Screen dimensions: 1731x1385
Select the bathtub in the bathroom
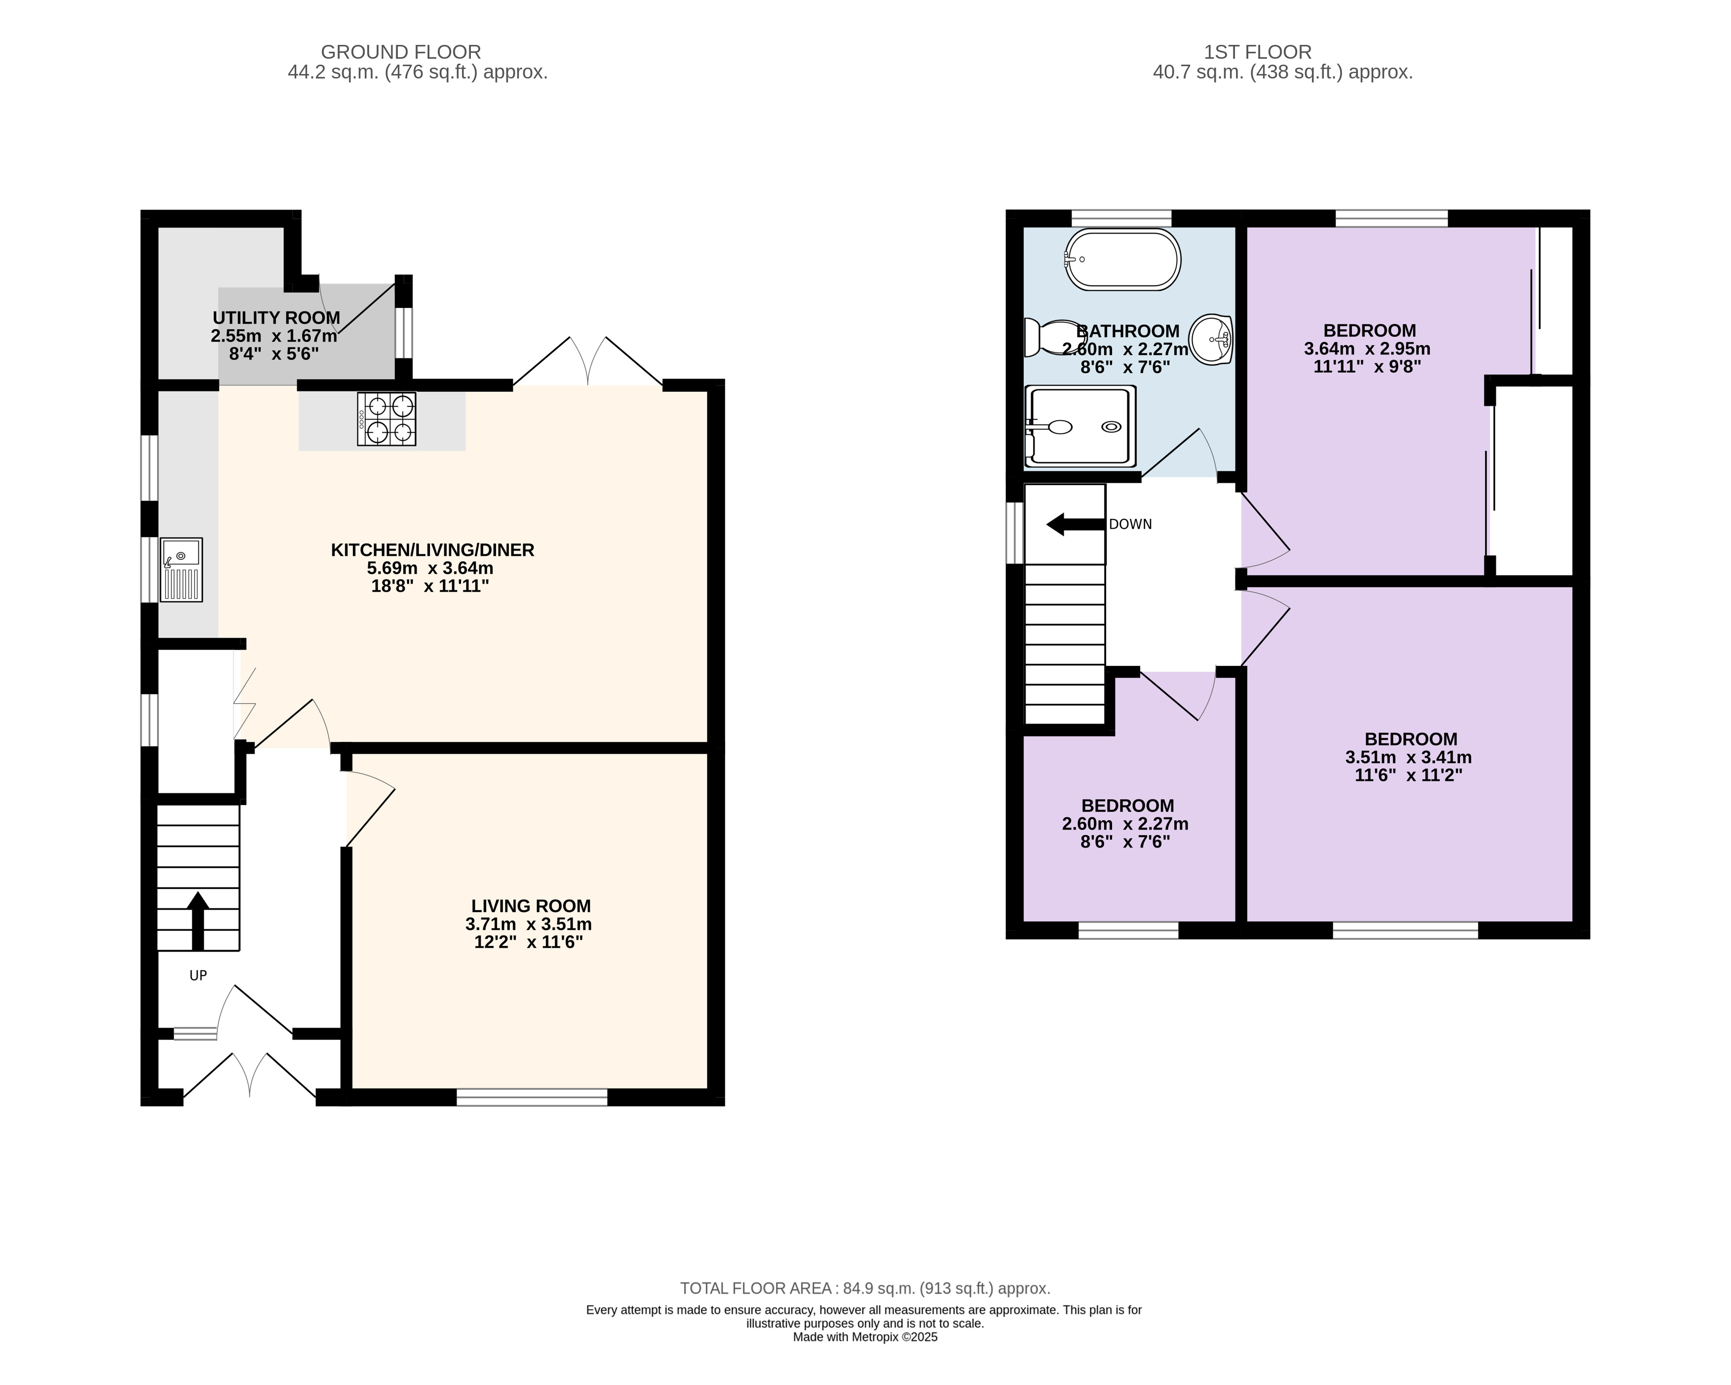1122,259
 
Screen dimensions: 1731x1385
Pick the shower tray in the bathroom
1080,427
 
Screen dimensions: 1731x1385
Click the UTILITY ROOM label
276,318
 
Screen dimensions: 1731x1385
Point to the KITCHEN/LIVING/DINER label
433,550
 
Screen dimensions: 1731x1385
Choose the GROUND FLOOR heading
401,52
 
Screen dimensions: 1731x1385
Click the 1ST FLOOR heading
1257,52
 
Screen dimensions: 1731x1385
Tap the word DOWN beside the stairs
1130,524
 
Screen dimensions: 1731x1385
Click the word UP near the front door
198,975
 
